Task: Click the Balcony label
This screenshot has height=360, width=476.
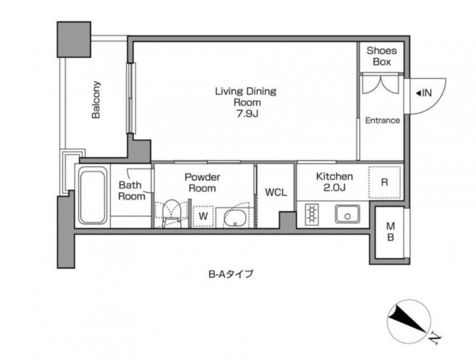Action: point(96,99)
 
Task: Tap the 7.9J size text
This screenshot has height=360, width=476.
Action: point(247,114)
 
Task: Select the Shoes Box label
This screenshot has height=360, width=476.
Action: point(381,56)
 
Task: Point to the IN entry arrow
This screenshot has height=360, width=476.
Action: point(418,93)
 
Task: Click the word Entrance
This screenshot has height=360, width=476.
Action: point(382,121)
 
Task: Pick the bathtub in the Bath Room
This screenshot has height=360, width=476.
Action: point(93,197)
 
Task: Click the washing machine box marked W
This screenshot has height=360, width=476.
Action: point(203,216)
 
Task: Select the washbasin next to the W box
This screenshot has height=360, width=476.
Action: point(234,217)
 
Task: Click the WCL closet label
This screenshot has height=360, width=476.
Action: point(275,192)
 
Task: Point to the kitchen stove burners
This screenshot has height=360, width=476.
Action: point(311,214)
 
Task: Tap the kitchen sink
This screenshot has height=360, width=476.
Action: point(347,214)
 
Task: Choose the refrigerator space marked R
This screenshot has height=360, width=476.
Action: point(384,183)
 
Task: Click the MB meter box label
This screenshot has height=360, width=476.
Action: point(391,232)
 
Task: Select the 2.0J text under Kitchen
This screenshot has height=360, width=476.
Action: point(334,187)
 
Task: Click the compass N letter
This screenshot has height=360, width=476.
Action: point(436,339)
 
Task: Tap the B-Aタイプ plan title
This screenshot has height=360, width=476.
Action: point(230,274)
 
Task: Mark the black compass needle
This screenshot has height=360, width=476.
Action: point(408,318)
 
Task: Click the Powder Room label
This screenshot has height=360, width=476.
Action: point(202,183)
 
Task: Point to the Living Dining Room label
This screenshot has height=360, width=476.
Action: point(246,96)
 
